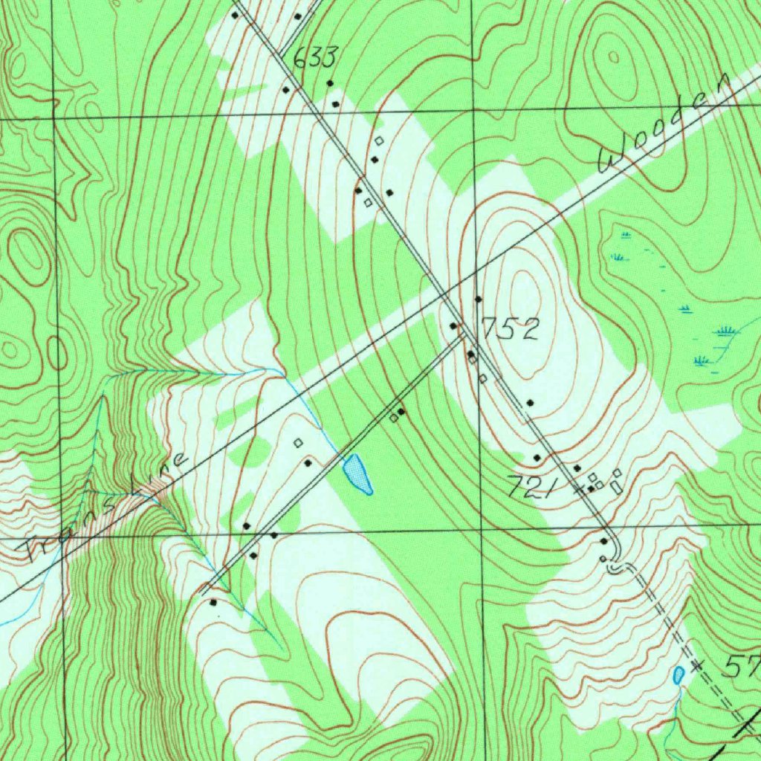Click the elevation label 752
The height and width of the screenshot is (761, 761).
point(510,328)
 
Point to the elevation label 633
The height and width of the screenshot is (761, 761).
point(315,57)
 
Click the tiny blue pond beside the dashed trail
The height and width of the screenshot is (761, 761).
point(678,675)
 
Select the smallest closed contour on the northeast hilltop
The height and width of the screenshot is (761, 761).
point(613,56)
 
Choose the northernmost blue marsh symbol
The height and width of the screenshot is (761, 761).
point(625,236)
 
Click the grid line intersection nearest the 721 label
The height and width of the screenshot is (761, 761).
point(481,530)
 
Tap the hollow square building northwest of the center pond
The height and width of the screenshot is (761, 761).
point(299,443)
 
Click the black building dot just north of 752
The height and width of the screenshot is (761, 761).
point(479,299)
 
